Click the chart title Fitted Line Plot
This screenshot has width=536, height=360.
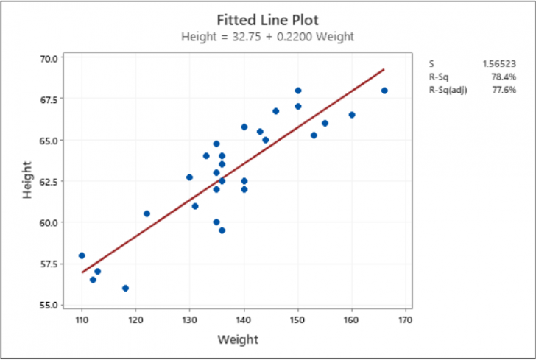coord(267,19)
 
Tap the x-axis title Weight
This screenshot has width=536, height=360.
coord(238,339)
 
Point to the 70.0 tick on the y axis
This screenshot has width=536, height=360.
coord(52,57)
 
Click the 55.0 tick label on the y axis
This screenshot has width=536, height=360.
coord(52,304)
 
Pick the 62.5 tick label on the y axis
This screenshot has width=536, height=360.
coord(52,181)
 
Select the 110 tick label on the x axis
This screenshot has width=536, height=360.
coord(82,320)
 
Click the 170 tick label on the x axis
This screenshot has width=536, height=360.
coord(405,320)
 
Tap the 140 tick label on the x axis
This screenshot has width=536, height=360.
coord(244,320)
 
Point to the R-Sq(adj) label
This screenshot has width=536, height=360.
coord(447,89)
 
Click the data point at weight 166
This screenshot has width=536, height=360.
coord(384,91)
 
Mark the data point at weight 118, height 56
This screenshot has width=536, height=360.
coord(125,288)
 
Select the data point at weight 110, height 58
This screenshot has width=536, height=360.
coord(82,255)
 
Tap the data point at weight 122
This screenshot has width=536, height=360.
coord(147,213)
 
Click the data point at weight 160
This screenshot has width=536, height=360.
coord(352,115)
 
